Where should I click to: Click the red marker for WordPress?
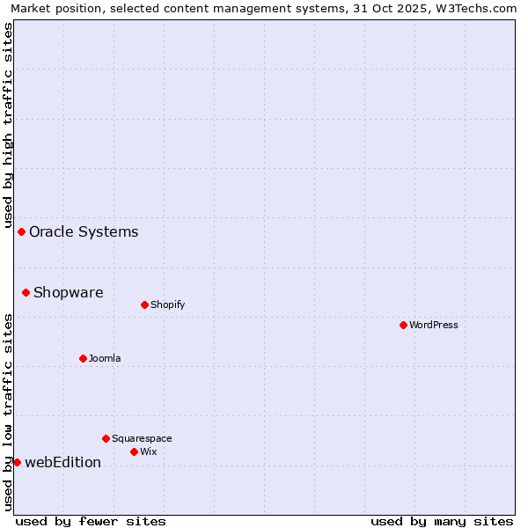click(403, 325)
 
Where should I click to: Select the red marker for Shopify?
click(144, 304)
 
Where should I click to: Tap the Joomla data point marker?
click(83, 358)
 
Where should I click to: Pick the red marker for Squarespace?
click(106, 438)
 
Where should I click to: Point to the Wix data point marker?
click(134, 451)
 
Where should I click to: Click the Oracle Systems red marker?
click(21, 231)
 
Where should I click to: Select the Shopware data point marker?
click(26, 292)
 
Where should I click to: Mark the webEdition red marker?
click(17, 462)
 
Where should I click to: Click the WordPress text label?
click(434, 325)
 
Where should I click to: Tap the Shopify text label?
click(167, 304)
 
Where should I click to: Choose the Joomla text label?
click(105, 358)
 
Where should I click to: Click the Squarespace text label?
click(142, 438)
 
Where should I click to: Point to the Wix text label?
click(149, 451)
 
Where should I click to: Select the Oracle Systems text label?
click(84, 232)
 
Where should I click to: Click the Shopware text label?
click(68, 293)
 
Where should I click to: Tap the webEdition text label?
click(62, 463)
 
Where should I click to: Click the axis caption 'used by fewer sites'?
click(91, 521)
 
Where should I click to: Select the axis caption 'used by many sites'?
click(442, 521)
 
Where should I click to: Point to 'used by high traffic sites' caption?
click(8, 125)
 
